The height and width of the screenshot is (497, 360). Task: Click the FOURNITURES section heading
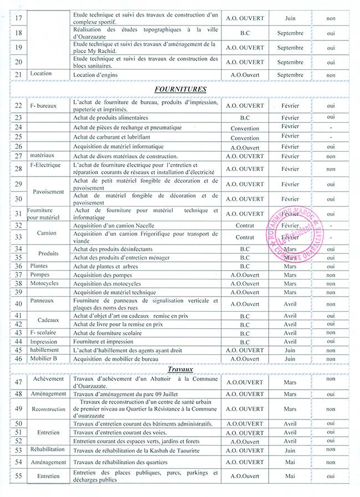tap(181, 89)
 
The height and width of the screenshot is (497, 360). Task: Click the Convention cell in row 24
tap(245, 128)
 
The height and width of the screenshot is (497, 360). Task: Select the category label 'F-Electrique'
tap(48, 165)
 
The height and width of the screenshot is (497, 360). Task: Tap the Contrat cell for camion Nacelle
tap(245, 226)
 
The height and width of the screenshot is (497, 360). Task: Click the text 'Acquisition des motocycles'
tap(107, 283)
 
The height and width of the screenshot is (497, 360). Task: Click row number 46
tap(18, 359)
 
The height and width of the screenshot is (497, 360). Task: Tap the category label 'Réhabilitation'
tap(48, 449)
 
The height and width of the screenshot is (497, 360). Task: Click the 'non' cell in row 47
tap(331, 379)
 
